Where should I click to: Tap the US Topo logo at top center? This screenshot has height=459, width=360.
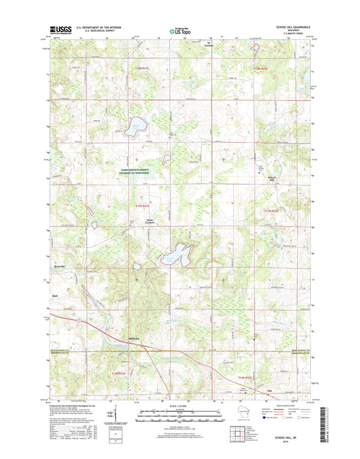pyautogui.click(x=177, y=30)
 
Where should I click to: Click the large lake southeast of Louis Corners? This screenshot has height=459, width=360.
pyautogui.click(x=175, y=256)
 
